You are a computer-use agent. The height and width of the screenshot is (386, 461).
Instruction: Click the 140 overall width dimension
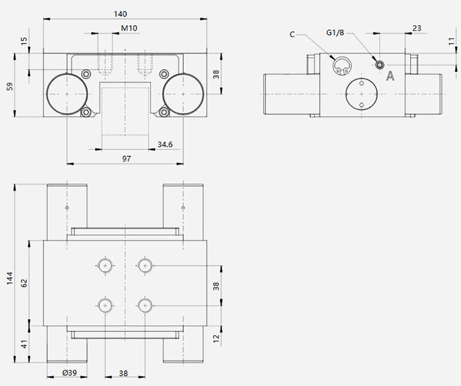point(120,14)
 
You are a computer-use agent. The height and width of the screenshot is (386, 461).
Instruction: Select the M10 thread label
point(129,28)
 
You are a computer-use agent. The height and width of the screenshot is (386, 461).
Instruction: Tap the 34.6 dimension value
point(165,145)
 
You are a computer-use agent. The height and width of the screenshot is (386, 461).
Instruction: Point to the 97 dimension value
point(126,158)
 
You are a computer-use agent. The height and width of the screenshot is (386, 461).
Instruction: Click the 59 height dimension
point(10,86)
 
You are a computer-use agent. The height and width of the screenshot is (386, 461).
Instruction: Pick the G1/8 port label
point(335,32)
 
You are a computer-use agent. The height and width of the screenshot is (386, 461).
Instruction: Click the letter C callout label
point(292,34)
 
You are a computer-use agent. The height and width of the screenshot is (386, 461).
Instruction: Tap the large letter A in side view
point(390,76)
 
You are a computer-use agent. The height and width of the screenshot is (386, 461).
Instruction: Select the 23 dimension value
point(416,28)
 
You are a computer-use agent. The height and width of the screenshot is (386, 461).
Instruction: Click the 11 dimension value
point(452,42)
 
